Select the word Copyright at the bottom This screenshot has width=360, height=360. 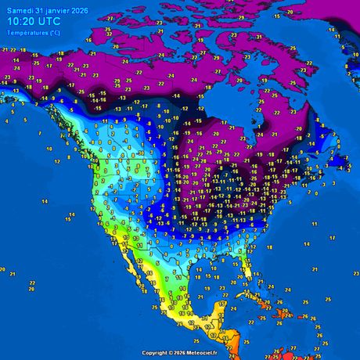tap(156, 354)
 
